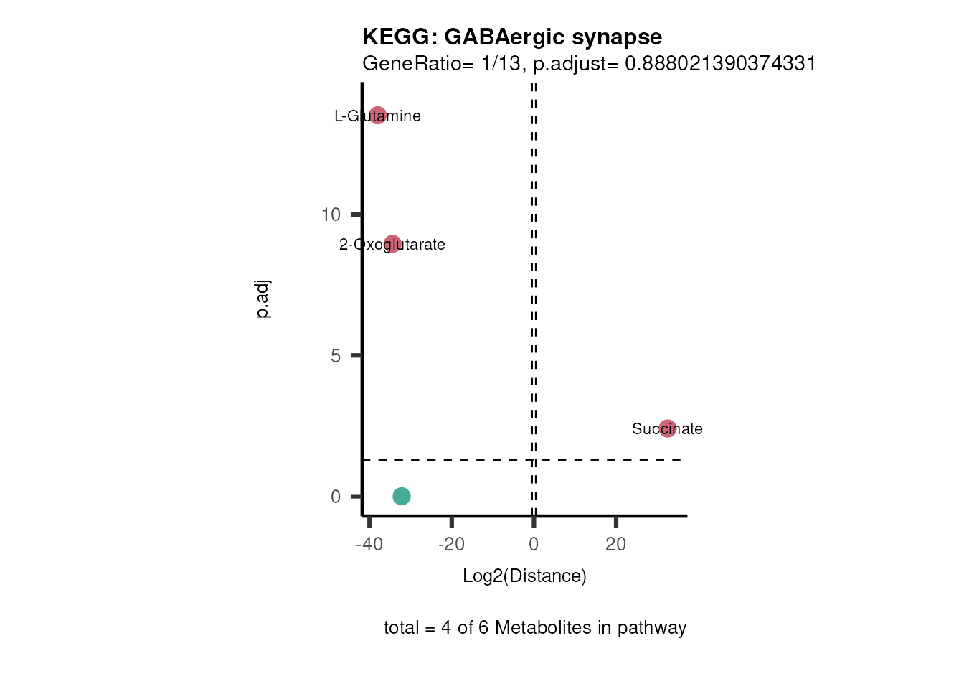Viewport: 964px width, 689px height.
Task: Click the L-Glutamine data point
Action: [x=378, y=115]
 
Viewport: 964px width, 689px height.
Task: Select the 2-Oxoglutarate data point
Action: [x=392, y=244]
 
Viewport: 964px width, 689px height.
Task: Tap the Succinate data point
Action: [x=668, y=428]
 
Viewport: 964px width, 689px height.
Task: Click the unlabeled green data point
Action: [x=402, y=496]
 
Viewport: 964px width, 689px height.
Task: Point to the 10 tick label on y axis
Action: [x=331, y=215]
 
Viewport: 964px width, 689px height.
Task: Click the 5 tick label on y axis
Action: [x=336, y=356]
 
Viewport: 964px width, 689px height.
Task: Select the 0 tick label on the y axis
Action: [x=336, y=497]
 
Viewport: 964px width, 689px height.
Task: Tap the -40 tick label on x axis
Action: [x=369, y=544]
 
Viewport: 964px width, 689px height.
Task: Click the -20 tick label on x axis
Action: [x=452, y=544]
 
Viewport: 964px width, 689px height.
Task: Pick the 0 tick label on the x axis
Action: [x=534, y=544]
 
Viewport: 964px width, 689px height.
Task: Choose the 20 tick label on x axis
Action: [x=615, y=544]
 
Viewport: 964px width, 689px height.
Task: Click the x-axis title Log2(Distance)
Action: [x=524, y=576]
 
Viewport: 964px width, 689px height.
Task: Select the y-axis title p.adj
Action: [x=263, y=299]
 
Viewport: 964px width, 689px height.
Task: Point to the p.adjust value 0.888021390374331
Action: [x=720, y=64]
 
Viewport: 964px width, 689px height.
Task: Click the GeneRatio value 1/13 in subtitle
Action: [x=500, y=64]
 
